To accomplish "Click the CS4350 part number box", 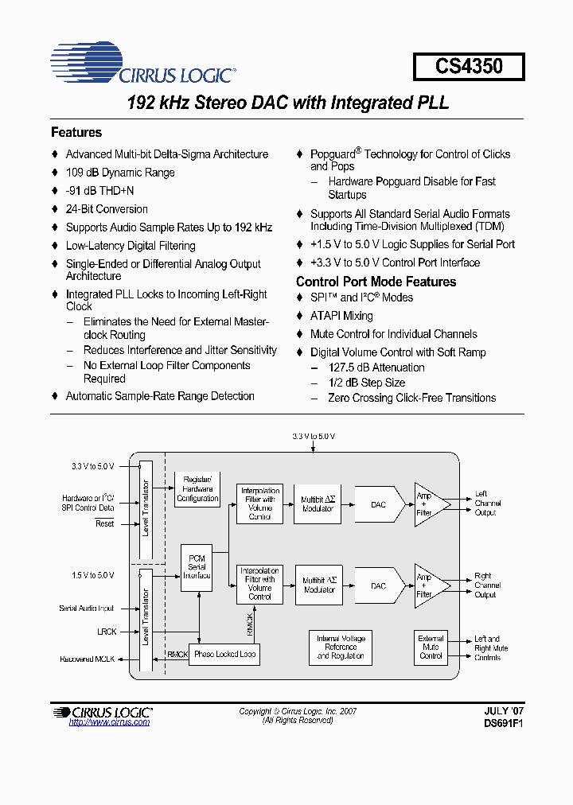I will pos(469,66).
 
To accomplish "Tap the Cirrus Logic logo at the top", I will pos(142,64).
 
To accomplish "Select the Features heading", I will pos(76,133).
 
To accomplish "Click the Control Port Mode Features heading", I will pos(376,282).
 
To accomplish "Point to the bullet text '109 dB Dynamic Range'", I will pos(119,173).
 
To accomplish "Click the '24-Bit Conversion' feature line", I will pos(107,209).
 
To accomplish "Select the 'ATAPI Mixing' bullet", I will pos(341,316).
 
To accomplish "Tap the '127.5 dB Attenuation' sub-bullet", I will pos(376,367).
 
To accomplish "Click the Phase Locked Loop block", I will pos(225,654).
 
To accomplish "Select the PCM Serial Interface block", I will pos(197,567).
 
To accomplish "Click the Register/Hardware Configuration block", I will pos(197,488).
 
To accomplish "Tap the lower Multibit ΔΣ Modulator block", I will pos(318,585).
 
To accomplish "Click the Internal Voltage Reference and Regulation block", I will pos(340,647).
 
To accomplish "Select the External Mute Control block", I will pos(431,647).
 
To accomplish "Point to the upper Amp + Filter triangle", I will pos(428,504).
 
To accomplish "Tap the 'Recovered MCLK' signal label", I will pos(88,659).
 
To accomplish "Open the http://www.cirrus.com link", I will pos(109,722).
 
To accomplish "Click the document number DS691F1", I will pos(503,724).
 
